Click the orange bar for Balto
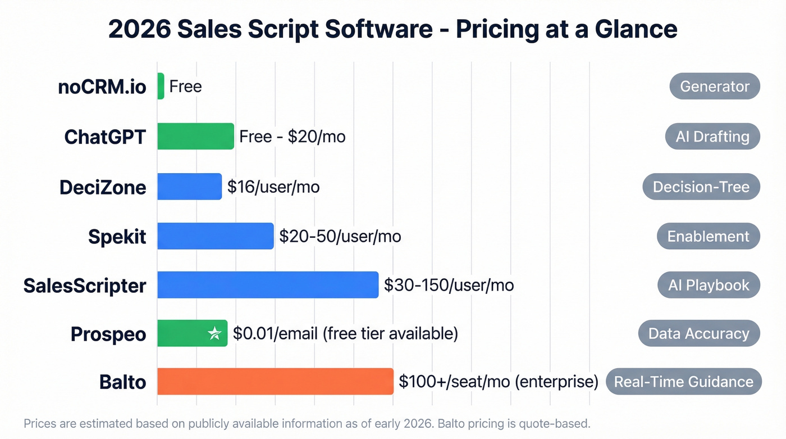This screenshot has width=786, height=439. tap(275, 382)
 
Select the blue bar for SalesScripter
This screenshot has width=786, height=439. tap(268, 285)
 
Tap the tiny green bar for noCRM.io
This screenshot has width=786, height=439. tap(161, 86)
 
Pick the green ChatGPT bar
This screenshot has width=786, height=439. tap(195, 136)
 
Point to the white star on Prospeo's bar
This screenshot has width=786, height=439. tap(214, 334)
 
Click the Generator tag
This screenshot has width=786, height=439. tap(714, 87)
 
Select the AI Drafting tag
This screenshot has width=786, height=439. tap(712, 137)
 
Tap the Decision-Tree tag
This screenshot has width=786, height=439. tap(701, 187)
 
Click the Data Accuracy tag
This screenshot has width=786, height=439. tap(698, 334)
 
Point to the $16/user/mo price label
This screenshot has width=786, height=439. tap(273, 187)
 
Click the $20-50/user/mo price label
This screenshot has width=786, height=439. tap(340, 236)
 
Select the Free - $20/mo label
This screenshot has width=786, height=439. tap(292, 137)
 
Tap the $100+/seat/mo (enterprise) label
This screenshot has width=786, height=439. tap(498, 382)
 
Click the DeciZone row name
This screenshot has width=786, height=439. tap(103, 187)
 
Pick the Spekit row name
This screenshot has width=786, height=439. tap(117, 237)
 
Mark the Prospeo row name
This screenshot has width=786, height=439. tap(108, 334)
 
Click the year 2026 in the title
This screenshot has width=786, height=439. tap(139, 29)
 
